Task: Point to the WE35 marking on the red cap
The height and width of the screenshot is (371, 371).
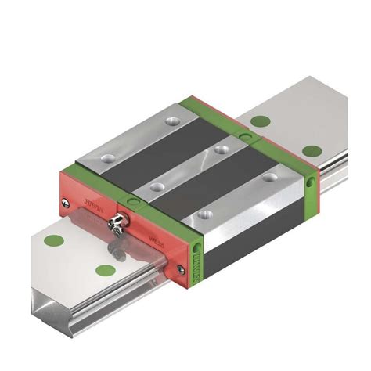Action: (155, 236)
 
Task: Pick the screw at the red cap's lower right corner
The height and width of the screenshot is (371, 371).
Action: (182, 269)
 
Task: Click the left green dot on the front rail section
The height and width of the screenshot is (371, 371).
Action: (54, 240)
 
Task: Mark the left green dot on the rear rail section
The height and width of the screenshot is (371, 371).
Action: (260, 120)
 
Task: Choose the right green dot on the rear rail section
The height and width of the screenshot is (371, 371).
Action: (311, 151)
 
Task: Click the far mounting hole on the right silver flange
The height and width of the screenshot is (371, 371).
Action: (270, 178)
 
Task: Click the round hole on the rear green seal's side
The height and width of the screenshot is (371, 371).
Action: (311, 181)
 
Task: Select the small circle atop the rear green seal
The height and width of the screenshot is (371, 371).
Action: (245, 137)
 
